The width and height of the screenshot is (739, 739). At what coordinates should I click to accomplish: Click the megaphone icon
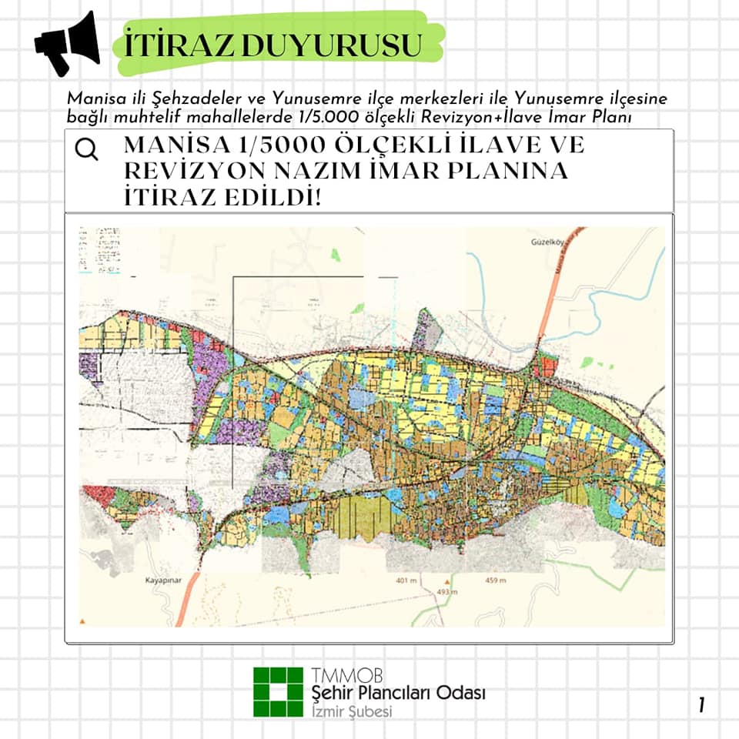(67, 43)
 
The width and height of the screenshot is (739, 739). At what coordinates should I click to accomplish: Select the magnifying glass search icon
(87, 149)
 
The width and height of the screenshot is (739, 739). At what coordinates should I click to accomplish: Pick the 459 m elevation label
(497, 580)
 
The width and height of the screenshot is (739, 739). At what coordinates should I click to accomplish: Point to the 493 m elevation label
(447, 592)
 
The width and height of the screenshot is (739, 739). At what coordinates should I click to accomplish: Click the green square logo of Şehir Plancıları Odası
(279, 691)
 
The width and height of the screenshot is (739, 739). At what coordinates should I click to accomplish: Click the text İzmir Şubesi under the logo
(353, 711)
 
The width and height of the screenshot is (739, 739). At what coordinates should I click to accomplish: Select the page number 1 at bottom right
(703, 704)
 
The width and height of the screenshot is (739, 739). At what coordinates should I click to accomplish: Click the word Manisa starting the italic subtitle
(91, 99)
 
